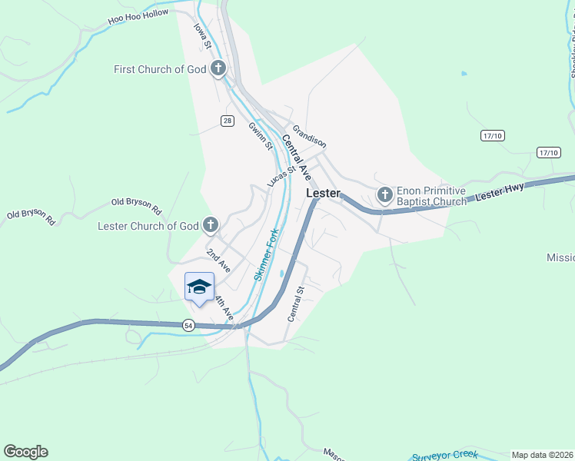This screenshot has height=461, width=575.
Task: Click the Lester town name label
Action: point(323,194)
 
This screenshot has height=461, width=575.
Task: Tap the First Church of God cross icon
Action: point(218,69)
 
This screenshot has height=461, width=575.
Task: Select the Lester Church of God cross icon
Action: point(210,226)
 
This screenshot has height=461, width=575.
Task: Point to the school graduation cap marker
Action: point(200,287)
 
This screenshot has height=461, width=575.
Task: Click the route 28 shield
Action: point(227,121)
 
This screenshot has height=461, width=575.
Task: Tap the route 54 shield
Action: point(188,326)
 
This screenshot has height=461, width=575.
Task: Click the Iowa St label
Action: point(202,36)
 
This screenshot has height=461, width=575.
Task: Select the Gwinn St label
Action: point(260,134)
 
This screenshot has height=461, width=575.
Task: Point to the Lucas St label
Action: point(281,177)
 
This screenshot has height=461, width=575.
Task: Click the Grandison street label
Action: point(308,138)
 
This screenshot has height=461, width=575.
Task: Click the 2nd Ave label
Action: point(218,260)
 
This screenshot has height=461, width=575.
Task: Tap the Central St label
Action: point(296,303)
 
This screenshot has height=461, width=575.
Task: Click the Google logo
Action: point(25,452)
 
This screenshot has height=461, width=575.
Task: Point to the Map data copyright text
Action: point(542,455)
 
